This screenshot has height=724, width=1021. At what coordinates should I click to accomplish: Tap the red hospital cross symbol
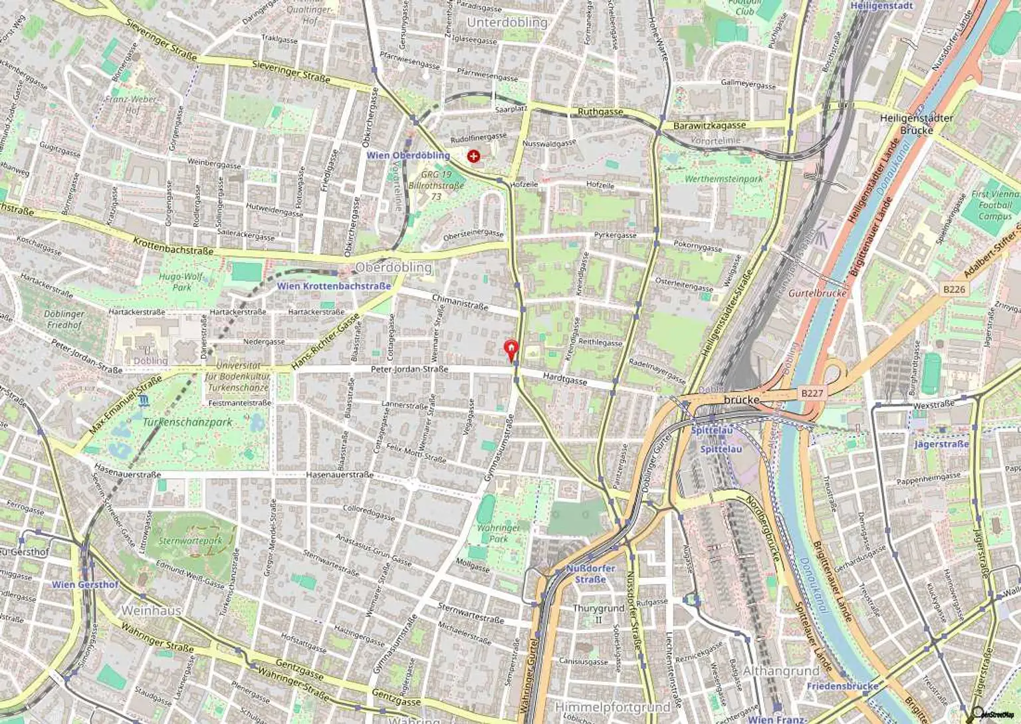tap(473, 157)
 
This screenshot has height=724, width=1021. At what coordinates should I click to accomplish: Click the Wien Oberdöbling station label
tap(408, 156)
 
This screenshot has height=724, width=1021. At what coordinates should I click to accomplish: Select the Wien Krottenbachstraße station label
tap(334, 286)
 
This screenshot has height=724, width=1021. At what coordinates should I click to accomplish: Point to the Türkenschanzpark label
tap(187, 422)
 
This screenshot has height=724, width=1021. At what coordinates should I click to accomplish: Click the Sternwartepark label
tap(190, 541)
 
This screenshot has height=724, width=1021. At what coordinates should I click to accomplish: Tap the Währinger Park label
tap(499, 533)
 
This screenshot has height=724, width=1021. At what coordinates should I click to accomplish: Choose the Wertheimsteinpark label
tap(724, 179)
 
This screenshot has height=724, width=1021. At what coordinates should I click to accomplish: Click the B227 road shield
tap(812, 393)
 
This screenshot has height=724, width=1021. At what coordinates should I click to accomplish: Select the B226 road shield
tap(953, 289)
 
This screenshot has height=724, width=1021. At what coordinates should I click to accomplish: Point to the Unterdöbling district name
tap(507, 23)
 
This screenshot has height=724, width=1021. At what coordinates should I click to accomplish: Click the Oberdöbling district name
tap(394, 267)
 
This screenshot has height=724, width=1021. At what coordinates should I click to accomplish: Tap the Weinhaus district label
tap(152, 610)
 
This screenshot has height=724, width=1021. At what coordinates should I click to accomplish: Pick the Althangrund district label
tap(780, 671)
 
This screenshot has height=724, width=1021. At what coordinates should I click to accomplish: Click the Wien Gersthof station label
tap(85, 584)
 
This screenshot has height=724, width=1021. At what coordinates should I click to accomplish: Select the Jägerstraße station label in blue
tap(941, 444)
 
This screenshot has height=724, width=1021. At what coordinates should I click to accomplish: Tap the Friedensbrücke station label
tap(842, 685)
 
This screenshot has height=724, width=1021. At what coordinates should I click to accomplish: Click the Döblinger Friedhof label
tap(64, 319)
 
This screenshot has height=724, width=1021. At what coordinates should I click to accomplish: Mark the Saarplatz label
tap(511, 108)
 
